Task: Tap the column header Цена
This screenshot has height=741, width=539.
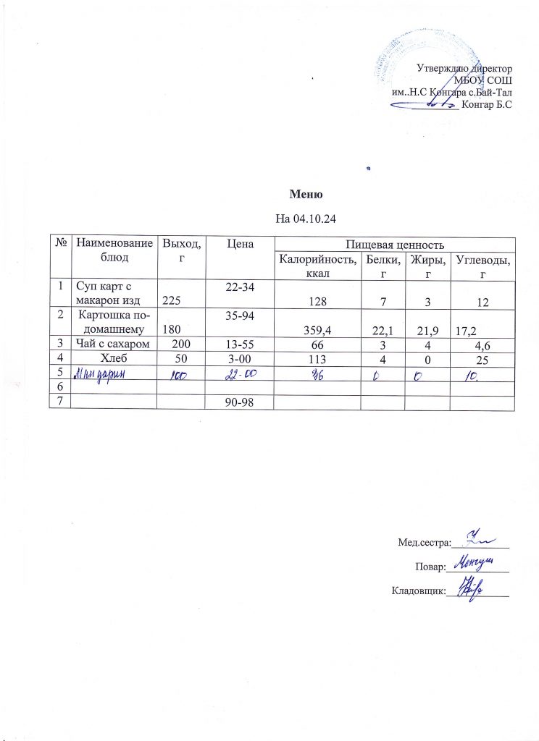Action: pyautogui.click(x=239, y=245)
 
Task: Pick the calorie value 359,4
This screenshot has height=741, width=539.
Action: pyautogui.click(x=316, y=331)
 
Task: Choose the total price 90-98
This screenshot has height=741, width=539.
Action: pyautogui.click(x=239, y=401)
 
